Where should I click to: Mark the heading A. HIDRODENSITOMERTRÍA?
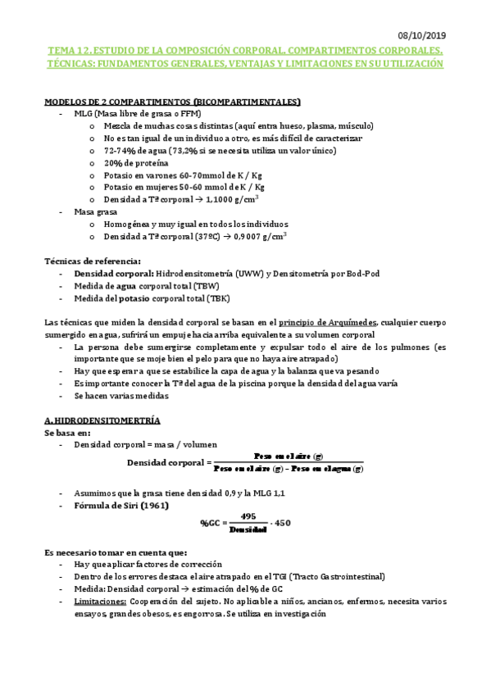pos(102,420)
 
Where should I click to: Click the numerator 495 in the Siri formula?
pos(249,516)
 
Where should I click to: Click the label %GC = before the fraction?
pos(212,523)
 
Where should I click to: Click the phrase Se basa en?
pos(66,432)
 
